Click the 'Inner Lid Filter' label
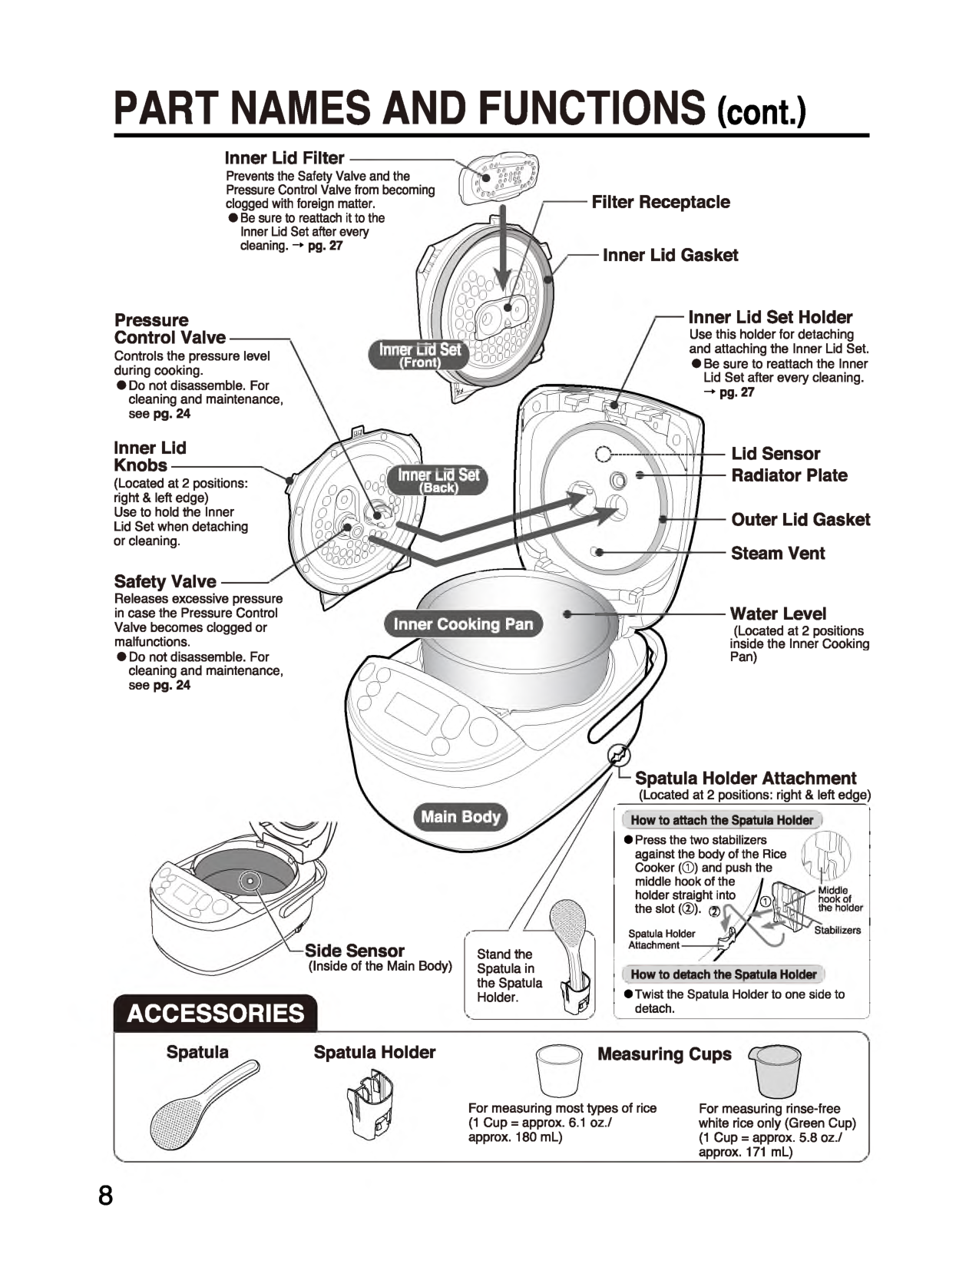(x=284, y=158)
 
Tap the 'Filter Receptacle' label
(x=660, y=202)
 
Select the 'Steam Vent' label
(x=777, y=554)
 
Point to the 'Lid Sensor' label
(x=776, y=454)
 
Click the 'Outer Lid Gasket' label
(x=800, y=520)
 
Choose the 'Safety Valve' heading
(x=165, y=581)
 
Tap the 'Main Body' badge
(x=461, y=817)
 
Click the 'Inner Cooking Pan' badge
(x=463, y=624)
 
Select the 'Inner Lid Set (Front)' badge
(x=420, y=355)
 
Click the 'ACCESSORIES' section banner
(x=216, y=1014)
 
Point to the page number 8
(x=105, y=1196)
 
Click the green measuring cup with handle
(x=775, y=1070)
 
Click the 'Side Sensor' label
(x=354, y=951)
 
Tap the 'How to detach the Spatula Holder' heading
(x=723, y=974)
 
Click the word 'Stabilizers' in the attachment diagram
(x=838, y=930)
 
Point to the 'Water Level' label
(x=778, y=614)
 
